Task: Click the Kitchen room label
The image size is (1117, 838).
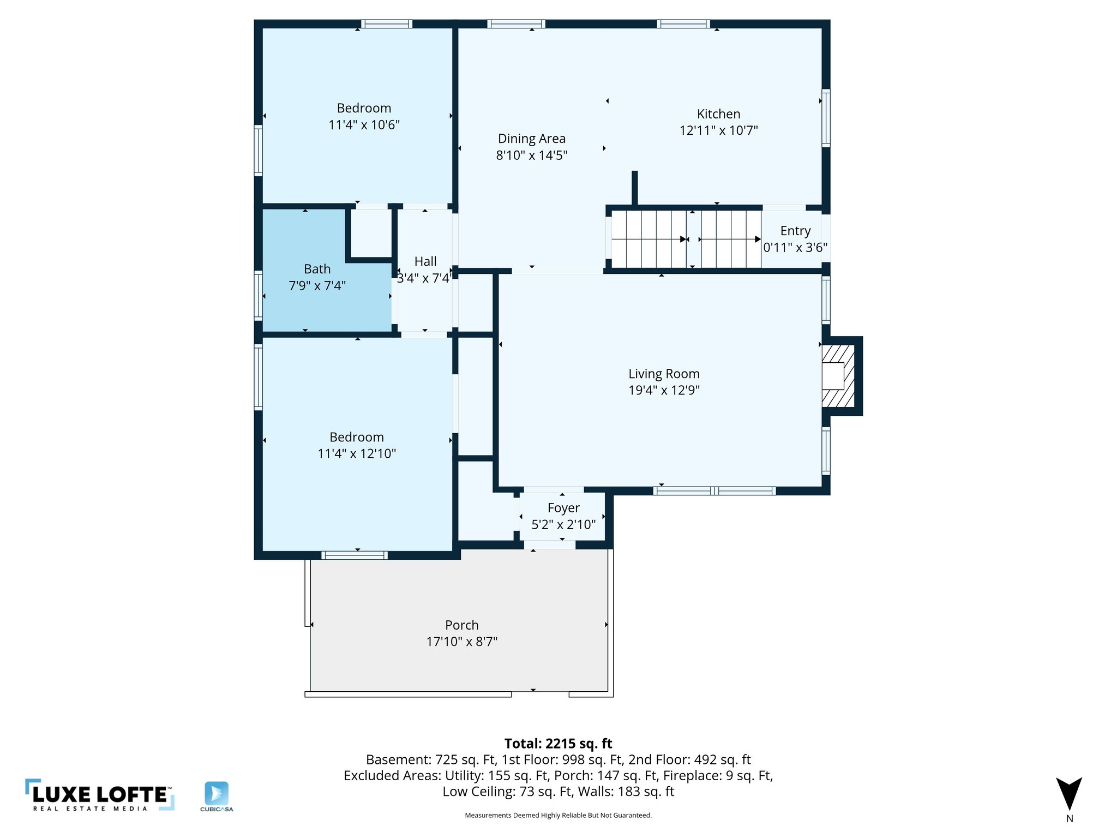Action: click(718, 114)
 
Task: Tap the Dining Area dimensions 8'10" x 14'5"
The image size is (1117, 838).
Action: click(531, 155)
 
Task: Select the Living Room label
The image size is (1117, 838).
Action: click(664, 374)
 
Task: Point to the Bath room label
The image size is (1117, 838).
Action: click(317, 269)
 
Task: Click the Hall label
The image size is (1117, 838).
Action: click(425, 261)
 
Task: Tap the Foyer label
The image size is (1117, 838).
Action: click(563, 508)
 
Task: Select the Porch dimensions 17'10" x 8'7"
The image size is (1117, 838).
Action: click(461, 642)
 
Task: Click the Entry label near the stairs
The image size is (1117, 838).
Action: click(795, 231)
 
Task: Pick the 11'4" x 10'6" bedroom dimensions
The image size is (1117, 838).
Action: click(364, 125)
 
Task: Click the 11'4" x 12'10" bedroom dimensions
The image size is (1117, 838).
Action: click(357, 453)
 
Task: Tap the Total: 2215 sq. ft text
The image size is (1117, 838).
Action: click(558, 744)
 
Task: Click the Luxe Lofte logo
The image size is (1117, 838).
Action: click(100, 795)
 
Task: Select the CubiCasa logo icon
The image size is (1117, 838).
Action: click(217, 794)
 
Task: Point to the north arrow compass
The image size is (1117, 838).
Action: click(1069, 795)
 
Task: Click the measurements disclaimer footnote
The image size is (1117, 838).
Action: click(558, 816)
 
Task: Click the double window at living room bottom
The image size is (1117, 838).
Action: click(714, 491)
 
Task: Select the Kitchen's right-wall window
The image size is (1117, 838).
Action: click(826, 118)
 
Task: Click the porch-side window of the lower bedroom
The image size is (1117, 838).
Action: click(355, 555)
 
